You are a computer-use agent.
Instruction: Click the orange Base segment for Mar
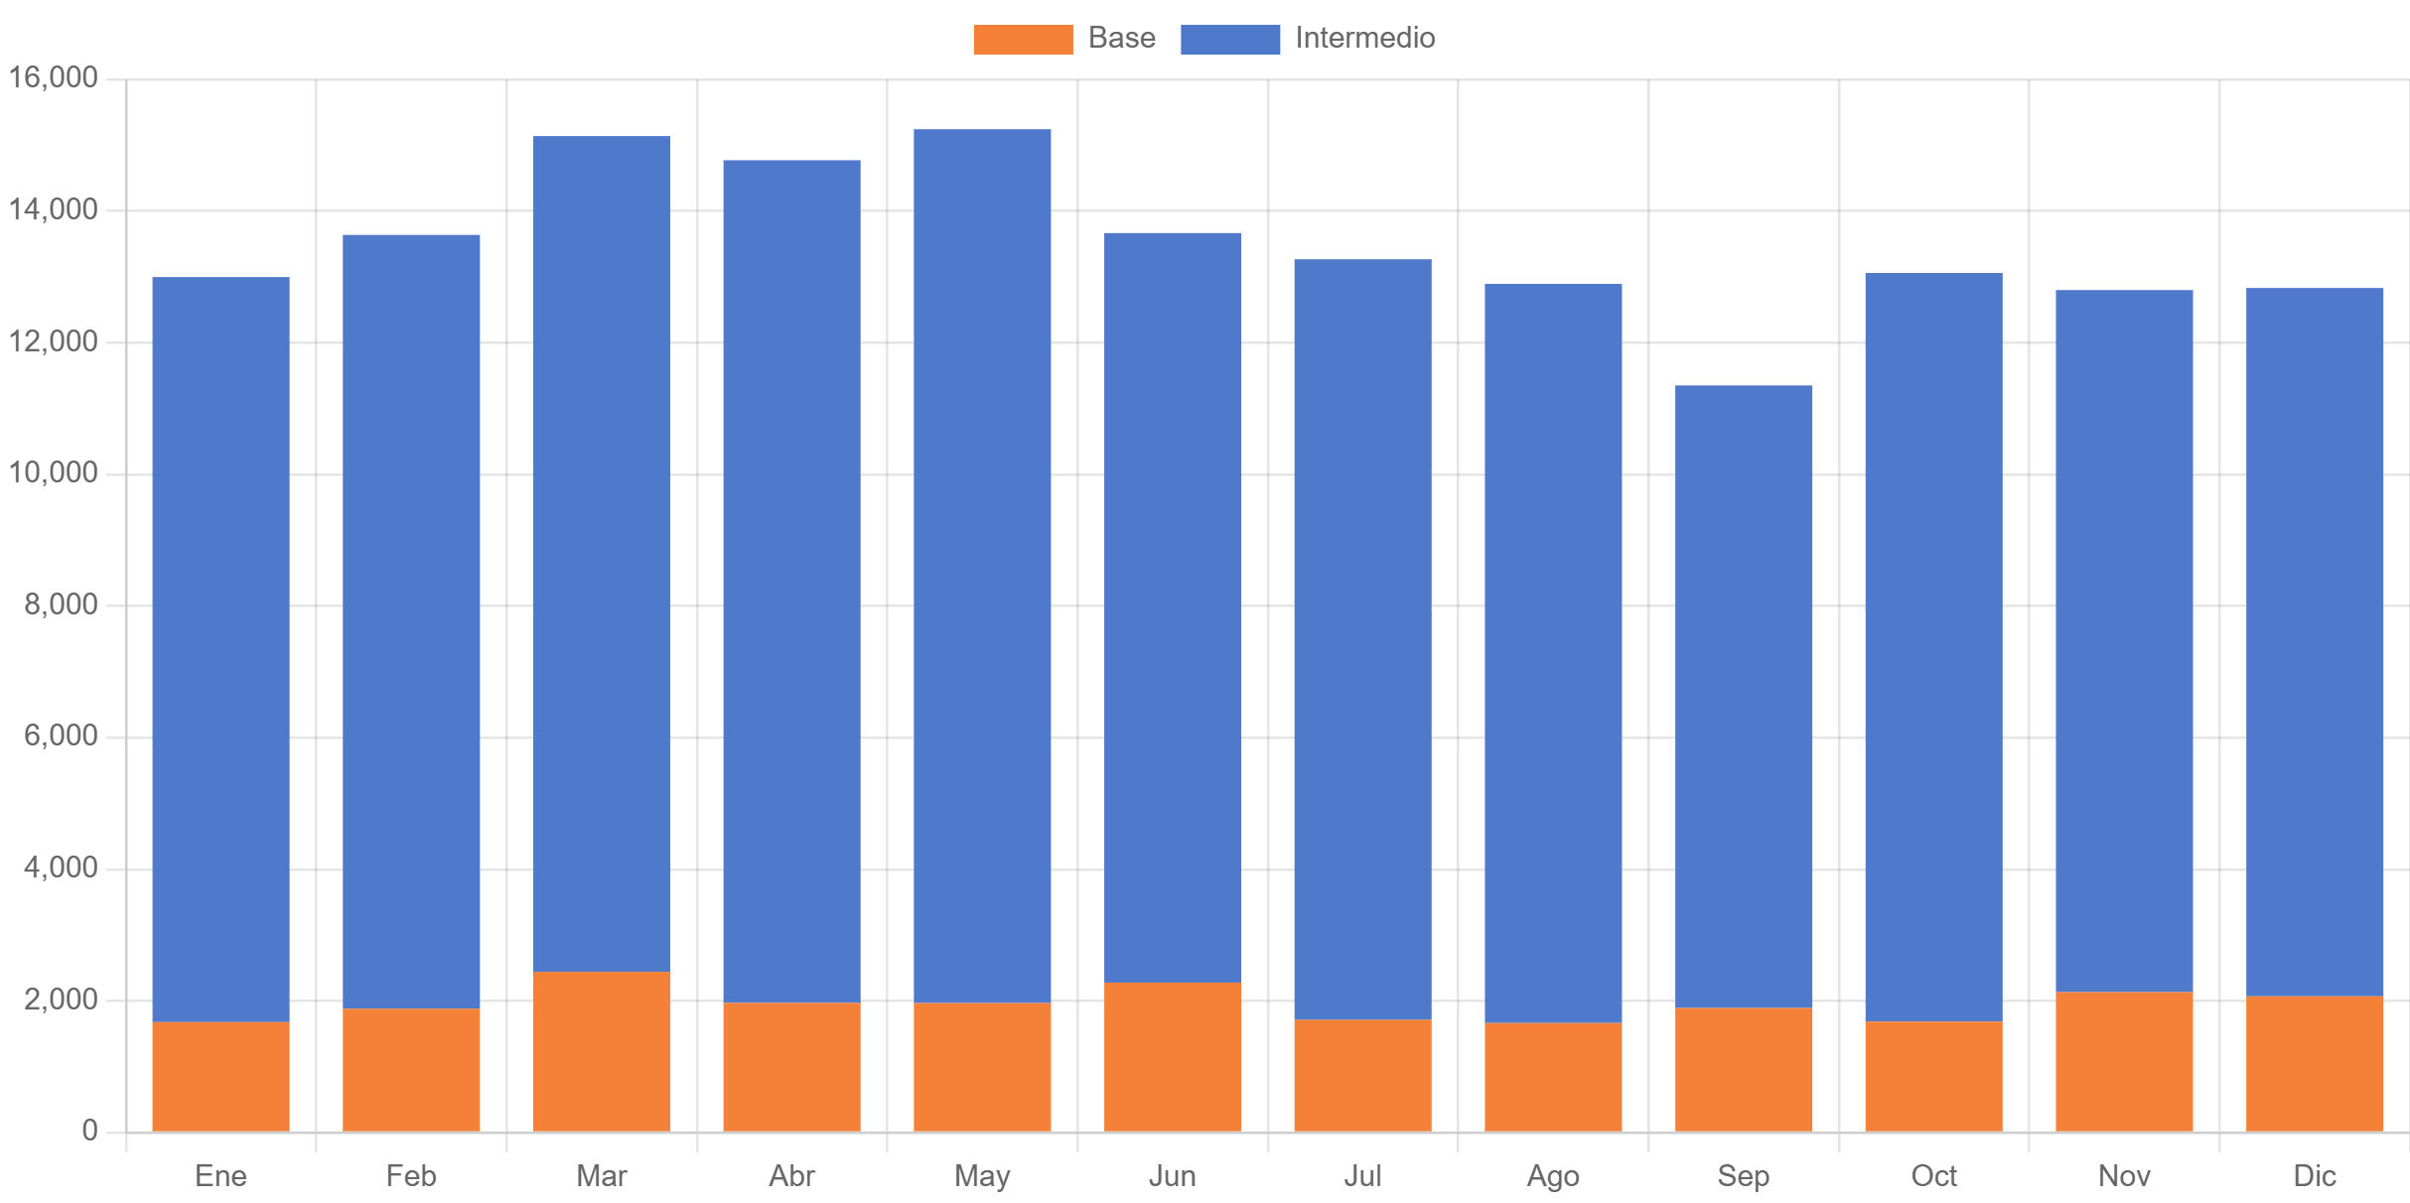601,1051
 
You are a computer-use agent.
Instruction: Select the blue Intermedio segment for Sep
1744,696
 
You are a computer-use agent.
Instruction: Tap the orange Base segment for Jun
1173,1056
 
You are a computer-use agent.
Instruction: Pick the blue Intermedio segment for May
982,566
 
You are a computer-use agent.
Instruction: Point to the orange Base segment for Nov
2124,1061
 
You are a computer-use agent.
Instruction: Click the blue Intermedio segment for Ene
220,649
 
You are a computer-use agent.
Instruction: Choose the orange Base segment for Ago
1553,1076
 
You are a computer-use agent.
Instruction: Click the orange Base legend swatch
1023,39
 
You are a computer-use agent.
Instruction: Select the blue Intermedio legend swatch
1230,39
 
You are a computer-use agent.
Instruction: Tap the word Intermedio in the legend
1364,39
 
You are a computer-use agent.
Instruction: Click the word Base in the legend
1121,39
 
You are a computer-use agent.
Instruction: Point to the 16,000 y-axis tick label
54,77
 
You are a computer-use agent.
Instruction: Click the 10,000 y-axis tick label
54,472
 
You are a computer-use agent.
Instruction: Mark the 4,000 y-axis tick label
61,868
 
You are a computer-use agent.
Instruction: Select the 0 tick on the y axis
89,1131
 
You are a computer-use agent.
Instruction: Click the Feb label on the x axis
411,1176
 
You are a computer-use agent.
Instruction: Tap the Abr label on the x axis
791,1176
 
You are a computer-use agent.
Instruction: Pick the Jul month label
1362,1176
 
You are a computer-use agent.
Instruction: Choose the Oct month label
1933,1176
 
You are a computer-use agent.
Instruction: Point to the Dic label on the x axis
2315,1176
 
